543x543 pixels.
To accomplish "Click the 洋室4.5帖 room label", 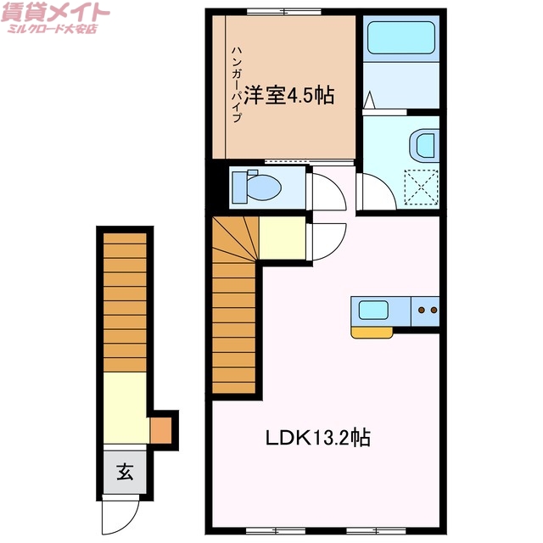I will (289, 95).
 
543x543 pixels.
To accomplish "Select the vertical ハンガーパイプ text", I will (238, 85).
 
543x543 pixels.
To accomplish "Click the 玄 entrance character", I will (125, 472).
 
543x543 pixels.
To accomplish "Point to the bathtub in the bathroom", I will (400, 38).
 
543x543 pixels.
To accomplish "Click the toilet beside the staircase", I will (260, 186).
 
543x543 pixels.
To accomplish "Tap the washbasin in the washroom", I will (423, 145).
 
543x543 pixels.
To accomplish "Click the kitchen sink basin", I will (374, 310).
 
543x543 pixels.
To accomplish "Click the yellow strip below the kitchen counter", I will (372, 332).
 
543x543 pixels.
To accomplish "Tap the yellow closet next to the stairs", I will (282, 238).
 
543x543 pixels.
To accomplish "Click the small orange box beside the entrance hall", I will (161, 430).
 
